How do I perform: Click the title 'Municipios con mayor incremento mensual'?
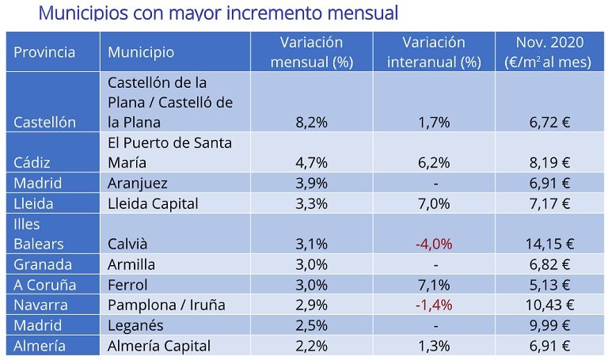tap(218, 13)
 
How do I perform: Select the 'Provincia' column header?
tap(44, 52)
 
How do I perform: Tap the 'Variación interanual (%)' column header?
tap(433, 52)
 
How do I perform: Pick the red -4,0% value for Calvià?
tap(433, 244)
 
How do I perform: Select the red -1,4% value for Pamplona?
tap(433, 305)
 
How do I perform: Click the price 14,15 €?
tap(548, 244)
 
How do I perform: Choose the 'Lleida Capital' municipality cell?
tap(153, 203)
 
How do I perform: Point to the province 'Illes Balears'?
tap(39, 234)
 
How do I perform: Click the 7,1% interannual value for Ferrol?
tap(433, 285)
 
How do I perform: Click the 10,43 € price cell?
tap(548, 305)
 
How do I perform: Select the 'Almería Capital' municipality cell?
tap(159, 346)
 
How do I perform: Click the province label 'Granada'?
tap(43, 264)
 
